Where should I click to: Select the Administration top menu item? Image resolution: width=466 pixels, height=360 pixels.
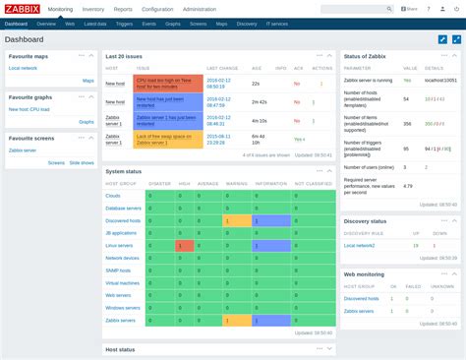point(199,8)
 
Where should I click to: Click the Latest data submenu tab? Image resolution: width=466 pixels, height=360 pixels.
point(95,22)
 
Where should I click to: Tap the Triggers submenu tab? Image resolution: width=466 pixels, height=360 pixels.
point(123,22)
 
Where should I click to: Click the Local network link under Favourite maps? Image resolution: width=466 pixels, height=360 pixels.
point(24,69)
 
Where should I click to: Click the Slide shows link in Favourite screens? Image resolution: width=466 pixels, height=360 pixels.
point(82,162)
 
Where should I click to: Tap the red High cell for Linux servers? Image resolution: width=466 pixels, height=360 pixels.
point(182,245)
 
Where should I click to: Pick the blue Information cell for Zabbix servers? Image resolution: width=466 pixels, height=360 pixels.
point(269,321)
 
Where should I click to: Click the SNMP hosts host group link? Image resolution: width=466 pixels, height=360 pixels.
point(122,270)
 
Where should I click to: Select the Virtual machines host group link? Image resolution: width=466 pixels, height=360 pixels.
point(125,282)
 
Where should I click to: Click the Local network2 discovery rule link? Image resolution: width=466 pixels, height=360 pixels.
point(361,245)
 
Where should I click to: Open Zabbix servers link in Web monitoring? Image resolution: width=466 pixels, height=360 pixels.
point(361,310)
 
